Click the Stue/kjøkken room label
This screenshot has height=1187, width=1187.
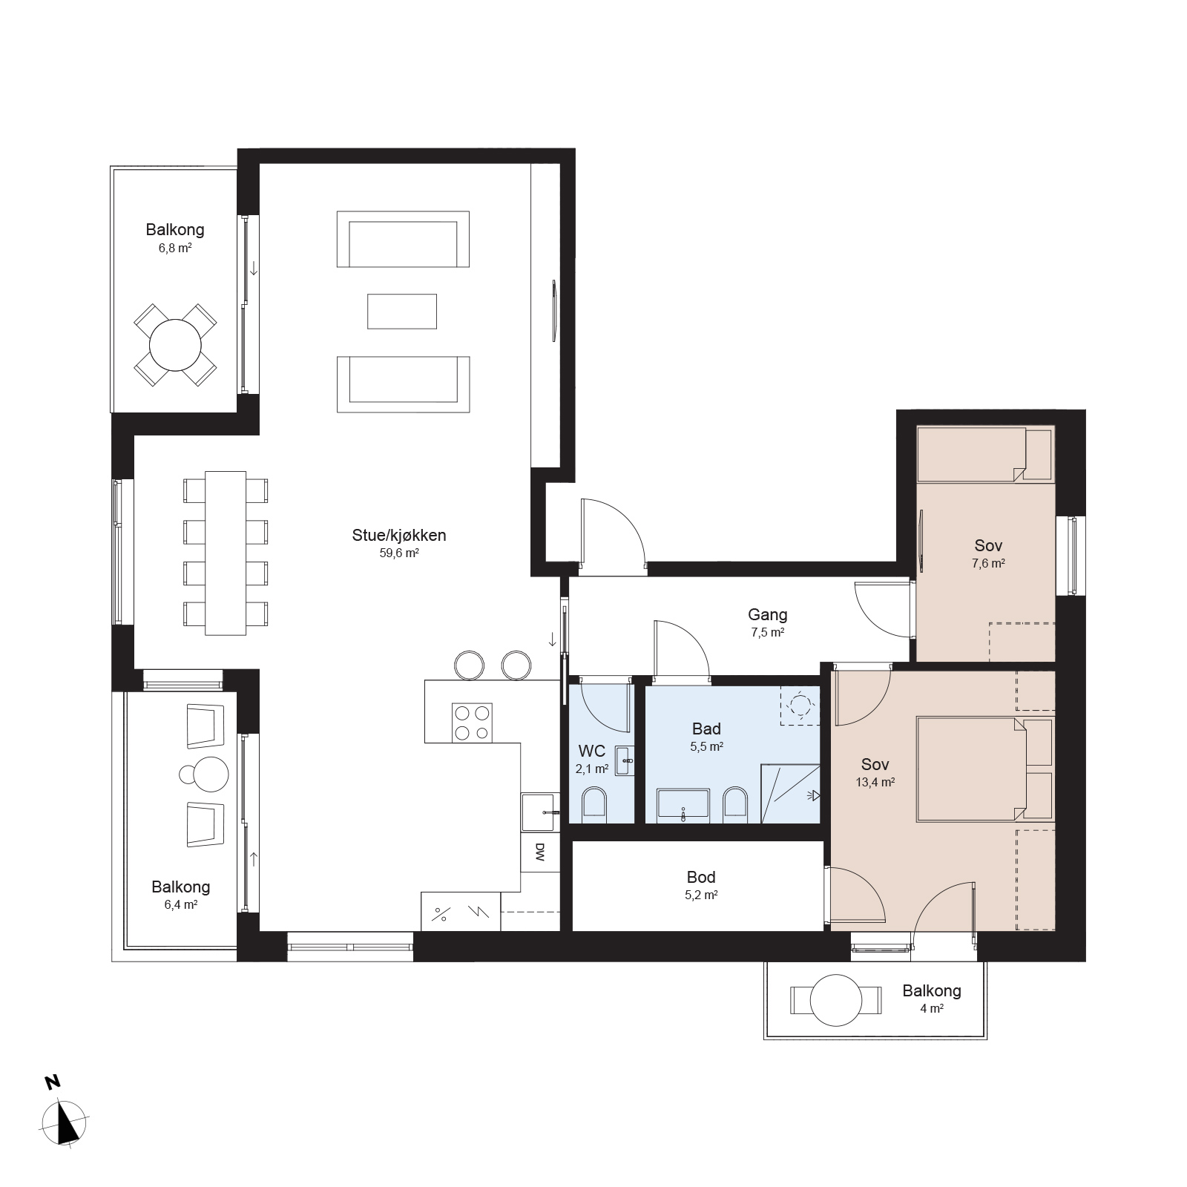[x=399, y=535]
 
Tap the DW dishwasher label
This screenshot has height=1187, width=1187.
[x=539, y=852]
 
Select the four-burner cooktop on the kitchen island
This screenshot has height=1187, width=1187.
[x=472, y=723]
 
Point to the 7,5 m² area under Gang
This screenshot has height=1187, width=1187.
[x=768, y=633]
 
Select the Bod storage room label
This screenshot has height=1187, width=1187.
[x=701, y=878]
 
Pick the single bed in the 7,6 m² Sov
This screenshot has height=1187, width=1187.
[x=984, y=453]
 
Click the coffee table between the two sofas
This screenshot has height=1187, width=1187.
[x=402, y=312]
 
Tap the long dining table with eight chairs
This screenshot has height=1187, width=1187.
[x=226, y=553]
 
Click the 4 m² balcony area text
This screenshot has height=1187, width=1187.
[x=932, y=1009]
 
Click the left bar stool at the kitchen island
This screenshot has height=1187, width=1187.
[x=469, y=665]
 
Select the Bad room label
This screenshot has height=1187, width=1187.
[x=706, y=729]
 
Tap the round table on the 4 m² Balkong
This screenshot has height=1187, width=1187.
[x=836, y=1000]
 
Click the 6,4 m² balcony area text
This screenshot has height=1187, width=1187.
[x=180, y=905]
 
